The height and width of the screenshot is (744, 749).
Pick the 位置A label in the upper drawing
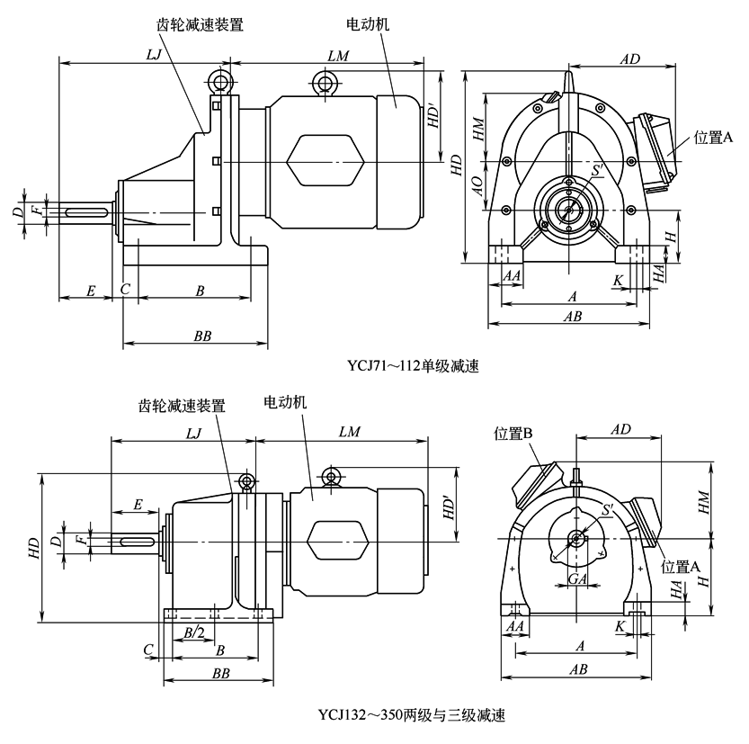715,138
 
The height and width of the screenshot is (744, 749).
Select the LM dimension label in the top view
338,56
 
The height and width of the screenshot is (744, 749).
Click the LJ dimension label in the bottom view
192,433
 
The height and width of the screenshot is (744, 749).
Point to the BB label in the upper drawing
202,336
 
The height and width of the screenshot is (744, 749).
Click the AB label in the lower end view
578,668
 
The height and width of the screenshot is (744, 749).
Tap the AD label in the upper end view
629,58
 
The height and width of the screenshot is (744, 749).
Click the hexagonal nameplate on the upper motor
324,162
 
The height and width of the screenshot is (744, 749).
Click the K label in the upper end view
618,281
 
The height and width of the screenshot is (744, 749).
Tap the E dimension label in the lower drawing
138,505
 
